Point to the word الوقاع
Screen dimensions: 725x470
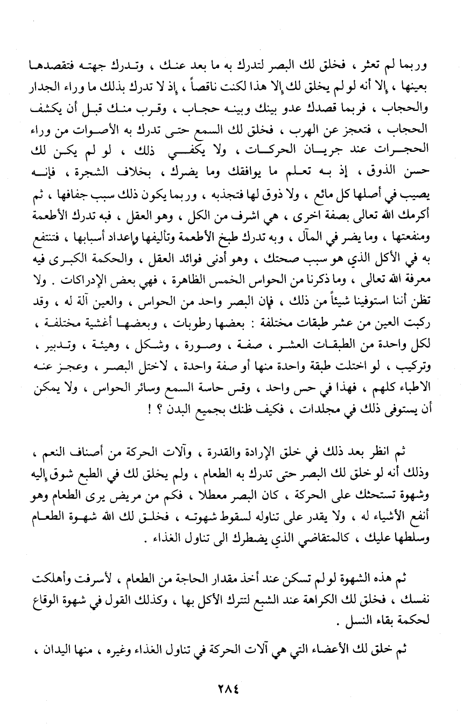(x=51, y=605)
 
